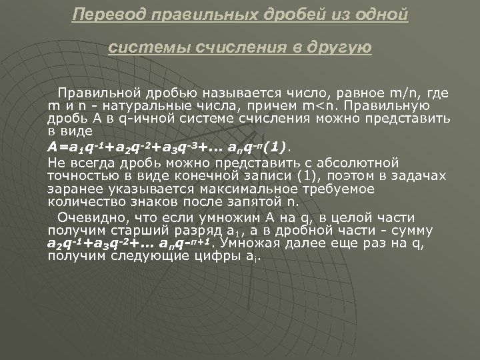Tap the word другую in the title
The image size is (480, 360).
(x=337, y=48)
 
